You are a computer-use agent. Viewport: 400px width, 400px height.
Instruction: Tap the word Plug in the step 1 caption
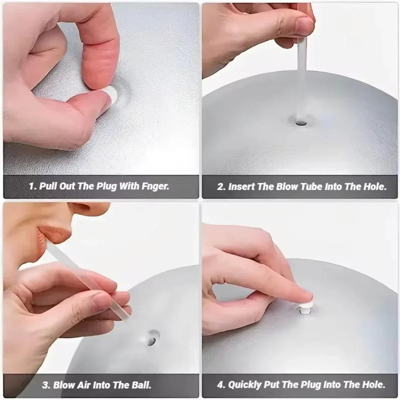click(x=107, y=186)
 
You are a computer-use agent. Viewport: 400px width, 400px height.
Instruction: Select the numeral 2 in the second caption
click(x=221, y=187)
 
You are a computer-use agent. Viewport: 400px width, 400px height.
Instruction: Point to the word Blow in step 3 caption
click(x=63, y=385)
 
